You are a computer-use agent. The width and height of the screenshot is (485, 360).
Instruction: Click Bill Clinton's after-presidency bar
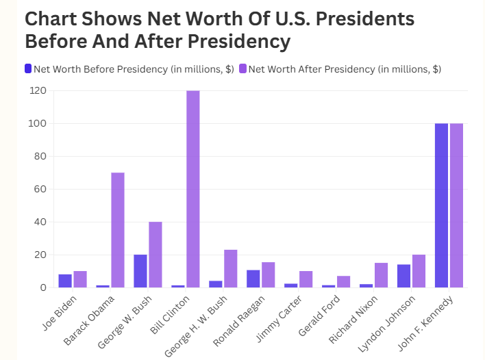click(x=192, y=189)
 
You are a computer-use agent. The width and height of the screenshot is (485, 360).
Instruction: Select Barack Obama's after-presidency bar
click(x=117, y=230)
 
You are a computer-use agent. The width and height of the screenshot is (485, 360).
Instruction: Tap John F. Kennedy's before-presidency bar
click(x=441, y=205)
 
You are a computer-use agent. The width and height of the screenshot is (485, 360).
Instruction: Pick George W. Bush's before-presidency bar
click(x=140, y=271)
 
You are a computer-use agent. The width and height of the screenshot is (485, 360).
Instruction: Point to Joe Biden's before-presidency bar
click(x=64, y=281)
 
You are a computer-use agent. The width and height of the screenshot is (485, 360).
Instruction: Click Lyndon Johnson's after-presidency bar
click(x=419, y=271)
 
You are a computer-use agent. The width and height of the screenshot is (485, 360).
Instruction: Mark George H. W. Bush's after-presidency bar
click(x=230, y=268)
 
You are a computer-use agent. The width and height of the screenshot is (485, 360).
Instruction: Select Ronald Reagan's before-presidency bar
click(x=253, y=279)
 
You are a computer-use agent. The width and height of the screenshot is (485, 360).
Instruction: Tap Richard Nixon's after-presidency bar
click(x=381, y=275)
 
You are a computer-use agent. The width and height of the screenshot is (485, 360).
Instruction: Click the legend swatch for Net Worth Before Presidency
click(x=28, y=68)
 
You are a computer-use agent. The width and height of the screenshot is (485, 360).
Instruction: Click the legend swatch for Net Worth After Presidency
click(x=242, y=68)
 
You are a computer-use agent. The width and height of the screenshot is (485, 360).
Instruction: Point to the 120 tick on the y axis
click(x=38, y=90)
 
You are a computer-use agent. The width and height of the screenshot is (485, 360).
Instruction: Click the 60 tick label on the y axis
click(x=40, y=189)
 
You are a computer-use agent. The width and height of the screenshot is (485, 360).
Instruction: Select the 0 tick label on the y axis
click(x=42, y=287)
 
